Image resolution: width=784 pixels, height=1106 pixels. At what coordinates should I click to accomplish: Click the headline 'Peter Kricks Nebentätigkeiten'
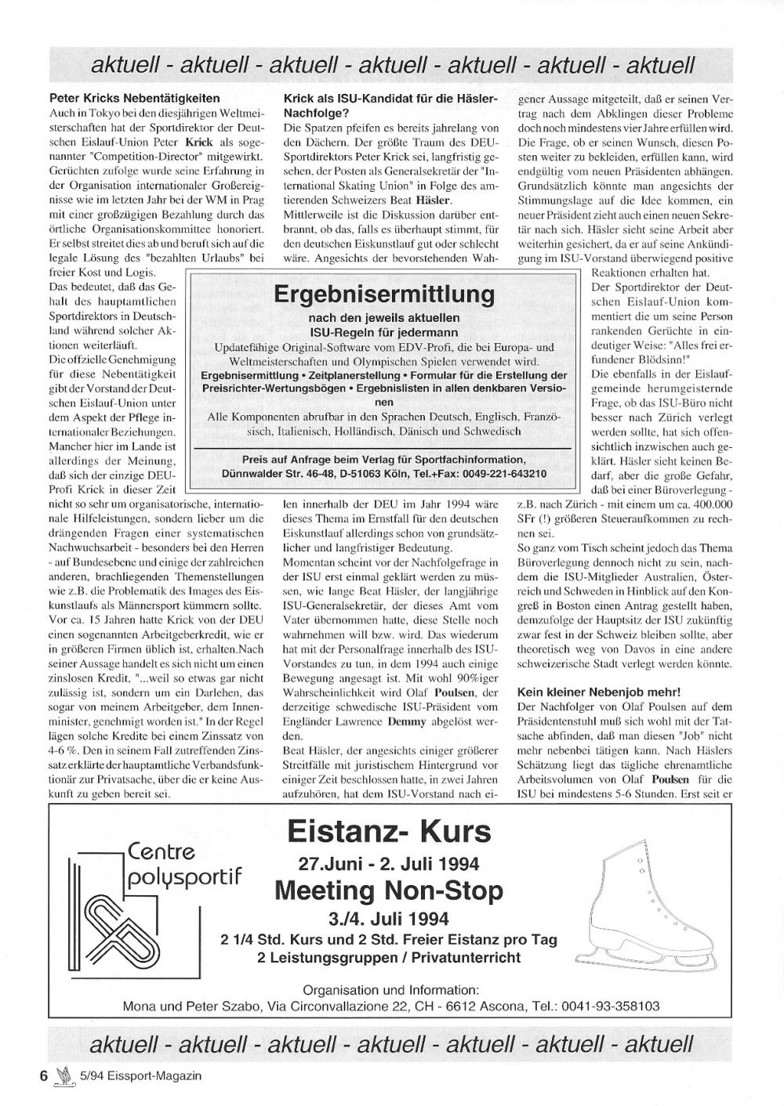coord(134,99)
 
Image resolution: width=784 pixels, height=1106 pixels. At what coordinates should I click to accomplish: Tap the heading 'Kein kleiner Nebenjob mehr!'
coord(599,692)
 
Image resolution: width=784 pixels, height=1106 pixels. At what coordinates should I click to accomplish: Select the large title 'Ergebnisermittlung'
coord(384,295)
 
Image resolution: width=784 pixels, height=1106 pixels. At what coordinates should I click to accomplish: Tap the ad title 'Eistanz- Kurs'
coord(389,830)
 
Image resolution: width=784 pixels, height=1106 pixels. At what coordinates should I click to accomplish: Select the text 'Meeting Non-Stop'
coord(389,891)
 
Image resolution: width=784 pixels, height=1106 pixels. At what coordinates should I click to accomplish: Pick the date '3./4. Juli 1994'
coord(389,917)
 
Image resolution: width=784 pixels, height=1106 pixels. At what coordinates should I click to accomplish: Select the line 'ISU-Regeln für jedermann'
coord(384,331)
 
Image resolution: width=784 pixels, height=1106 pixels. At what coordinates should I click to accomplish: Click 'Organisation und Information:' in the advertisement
coord(390,989)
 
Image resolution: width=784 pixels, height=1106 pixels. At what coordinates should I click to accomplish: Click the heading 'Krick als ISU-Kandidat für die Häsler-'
coord(390,99)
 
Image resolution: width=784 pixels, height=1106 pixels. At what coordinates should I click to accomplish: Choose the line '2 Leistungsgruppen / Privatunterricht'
coord(389,958)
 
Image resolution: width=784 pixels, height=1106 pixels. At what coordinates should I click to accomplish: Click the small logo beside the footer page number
coord(65,1076)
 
